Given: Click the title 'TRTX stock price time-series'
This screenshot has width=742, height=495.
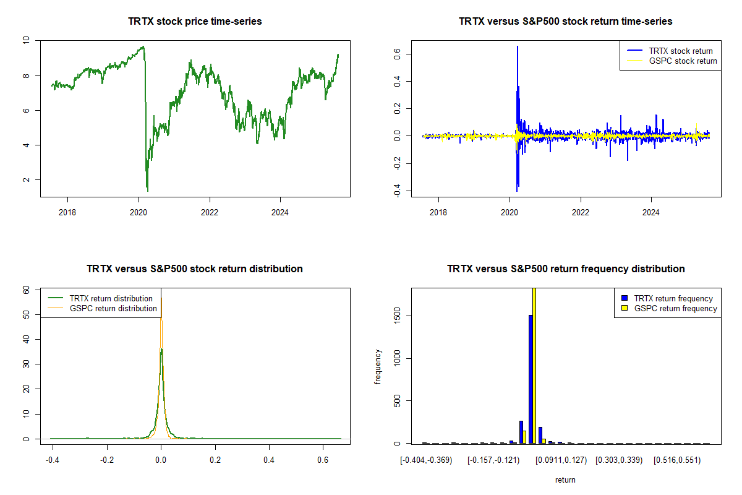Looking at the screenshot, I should (x=195, y=22).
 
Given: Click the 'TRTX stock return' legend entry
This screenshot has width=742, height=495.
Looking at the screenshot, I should (x=680, y=51).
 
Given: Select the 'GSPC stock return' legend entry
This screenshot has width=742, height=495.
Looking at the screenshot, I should (x=683, y=61).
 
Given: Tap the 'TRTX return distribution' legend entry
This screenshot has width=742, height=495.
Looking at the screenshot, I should (x=111, y=298).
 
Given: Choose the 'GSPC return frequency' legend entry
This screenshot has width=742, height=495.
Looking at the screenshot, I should (x=675, y=308).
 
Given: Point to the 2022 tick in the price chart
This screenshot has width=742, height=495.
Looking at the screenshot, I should (x=210, y=210).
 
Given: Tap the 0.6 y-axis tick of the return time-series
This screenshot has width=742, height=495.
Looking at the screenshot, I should (x=397, y=54).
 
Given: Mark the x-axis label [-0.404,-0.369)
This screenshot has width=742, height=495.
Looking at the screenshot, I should (x=427, y=460).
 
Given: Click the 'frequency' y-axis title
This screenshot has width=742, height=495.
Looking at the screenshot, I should (x=378, y=366).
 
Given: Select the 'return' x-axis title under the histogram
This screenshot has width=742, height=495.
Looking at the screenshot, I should (x=565, y=480).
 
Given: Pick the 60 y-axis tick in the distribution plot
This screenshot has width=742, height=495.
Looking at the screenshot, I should (x=26, y=289).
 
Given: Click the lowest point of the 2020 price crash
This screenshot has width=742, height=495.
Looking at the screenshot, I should (x=147, y=191).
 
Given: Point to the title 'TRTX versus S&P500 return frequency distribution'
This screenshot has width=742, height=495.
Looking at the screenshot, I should (x=566, y=269).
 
